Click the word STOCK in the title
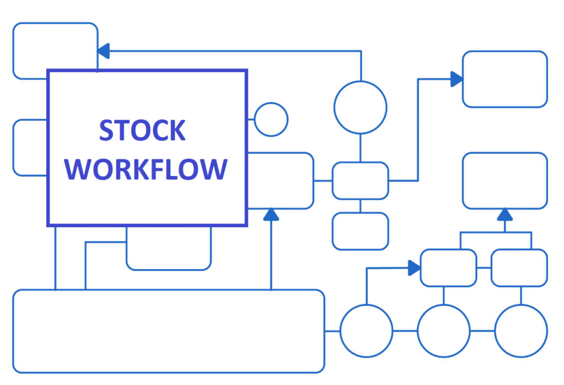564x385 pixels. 142,130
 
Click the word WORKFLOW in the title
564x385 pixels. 149,169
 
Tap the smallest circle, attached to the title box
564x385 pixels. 271,119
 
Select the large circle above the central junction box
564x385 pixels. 361,107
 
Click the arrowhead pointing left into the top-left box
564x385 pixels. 104,51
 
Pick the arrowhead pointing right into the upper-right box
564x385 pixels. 457,79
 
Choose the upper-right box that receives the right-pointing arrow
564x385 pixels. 505,79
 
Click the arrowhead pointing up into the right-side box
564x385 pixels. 505,215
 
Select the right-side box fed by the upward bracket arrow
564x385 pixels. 505,181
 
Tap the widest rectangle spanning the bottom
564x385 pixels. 168,331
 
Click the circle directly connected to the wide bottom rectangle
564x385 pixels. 366,331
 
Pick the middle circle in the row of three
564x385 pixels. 444,331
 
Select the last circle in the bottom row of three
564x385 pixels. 521,331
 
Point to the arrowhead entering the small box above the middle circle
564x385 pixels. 414,269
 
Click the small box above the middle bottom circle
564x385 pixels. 448,268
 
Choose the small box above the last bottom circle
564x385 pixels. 519,268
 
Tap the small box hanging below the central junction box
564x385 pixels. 360,231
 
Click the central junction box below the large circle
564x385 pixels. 360,181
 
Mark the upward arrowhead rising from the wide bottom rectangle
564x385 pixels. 270,215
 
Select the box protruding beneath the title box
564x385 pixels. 169,248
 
